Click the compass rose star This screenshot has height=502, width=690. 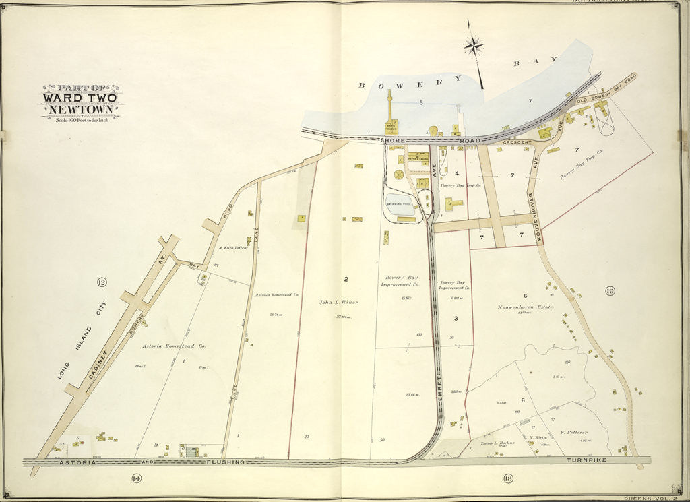(x=474, y=46)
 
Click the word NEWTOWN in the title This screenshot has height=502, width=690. (x=80, y=108)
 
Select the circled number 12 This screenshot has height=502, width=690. (x=102, y=282)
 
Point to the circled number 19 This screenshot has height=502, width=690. (x=609, y=291)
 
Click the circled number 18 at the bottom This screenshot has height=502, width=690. (x=507, y=478)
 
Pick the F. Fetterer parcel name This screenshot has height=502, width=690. (x=573, y=432)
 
